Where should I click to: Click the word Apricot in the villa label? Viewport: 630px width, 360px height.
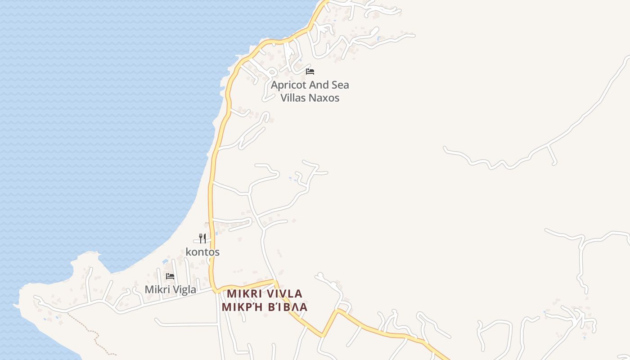[288, 85]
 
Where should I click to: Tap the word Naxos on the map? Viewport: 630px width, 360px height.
[324, 98]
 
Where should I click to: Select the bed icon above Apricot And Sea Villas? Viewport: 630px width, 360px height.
[310, 71]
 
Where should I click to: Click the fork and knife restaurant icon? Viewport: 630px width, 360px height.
[202, 238]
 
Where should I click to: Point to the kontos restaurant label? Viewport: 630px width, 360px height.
[202, 252]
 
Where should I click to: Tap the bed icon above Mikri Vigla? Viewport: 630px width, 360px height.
[170, 276]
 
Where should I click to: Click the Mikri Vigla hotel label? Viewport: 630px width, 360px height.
[170, 289]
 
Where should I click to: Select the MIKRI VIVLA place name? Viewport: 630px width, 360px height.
[265, 294]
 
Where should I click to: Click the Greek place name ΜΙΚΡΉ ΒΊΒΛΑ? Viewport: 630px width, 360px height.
[265, 307]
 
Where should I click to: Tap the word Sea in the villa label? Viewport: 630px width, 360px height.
[340, 85]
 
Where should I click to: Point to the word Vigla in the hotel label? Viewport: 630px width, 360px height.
[184, 289]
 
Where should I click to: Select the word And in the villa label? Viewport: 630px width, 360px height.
[319, 85]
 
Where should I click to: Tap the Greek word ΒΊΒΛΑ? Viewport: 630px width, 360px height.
[288, 307]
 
